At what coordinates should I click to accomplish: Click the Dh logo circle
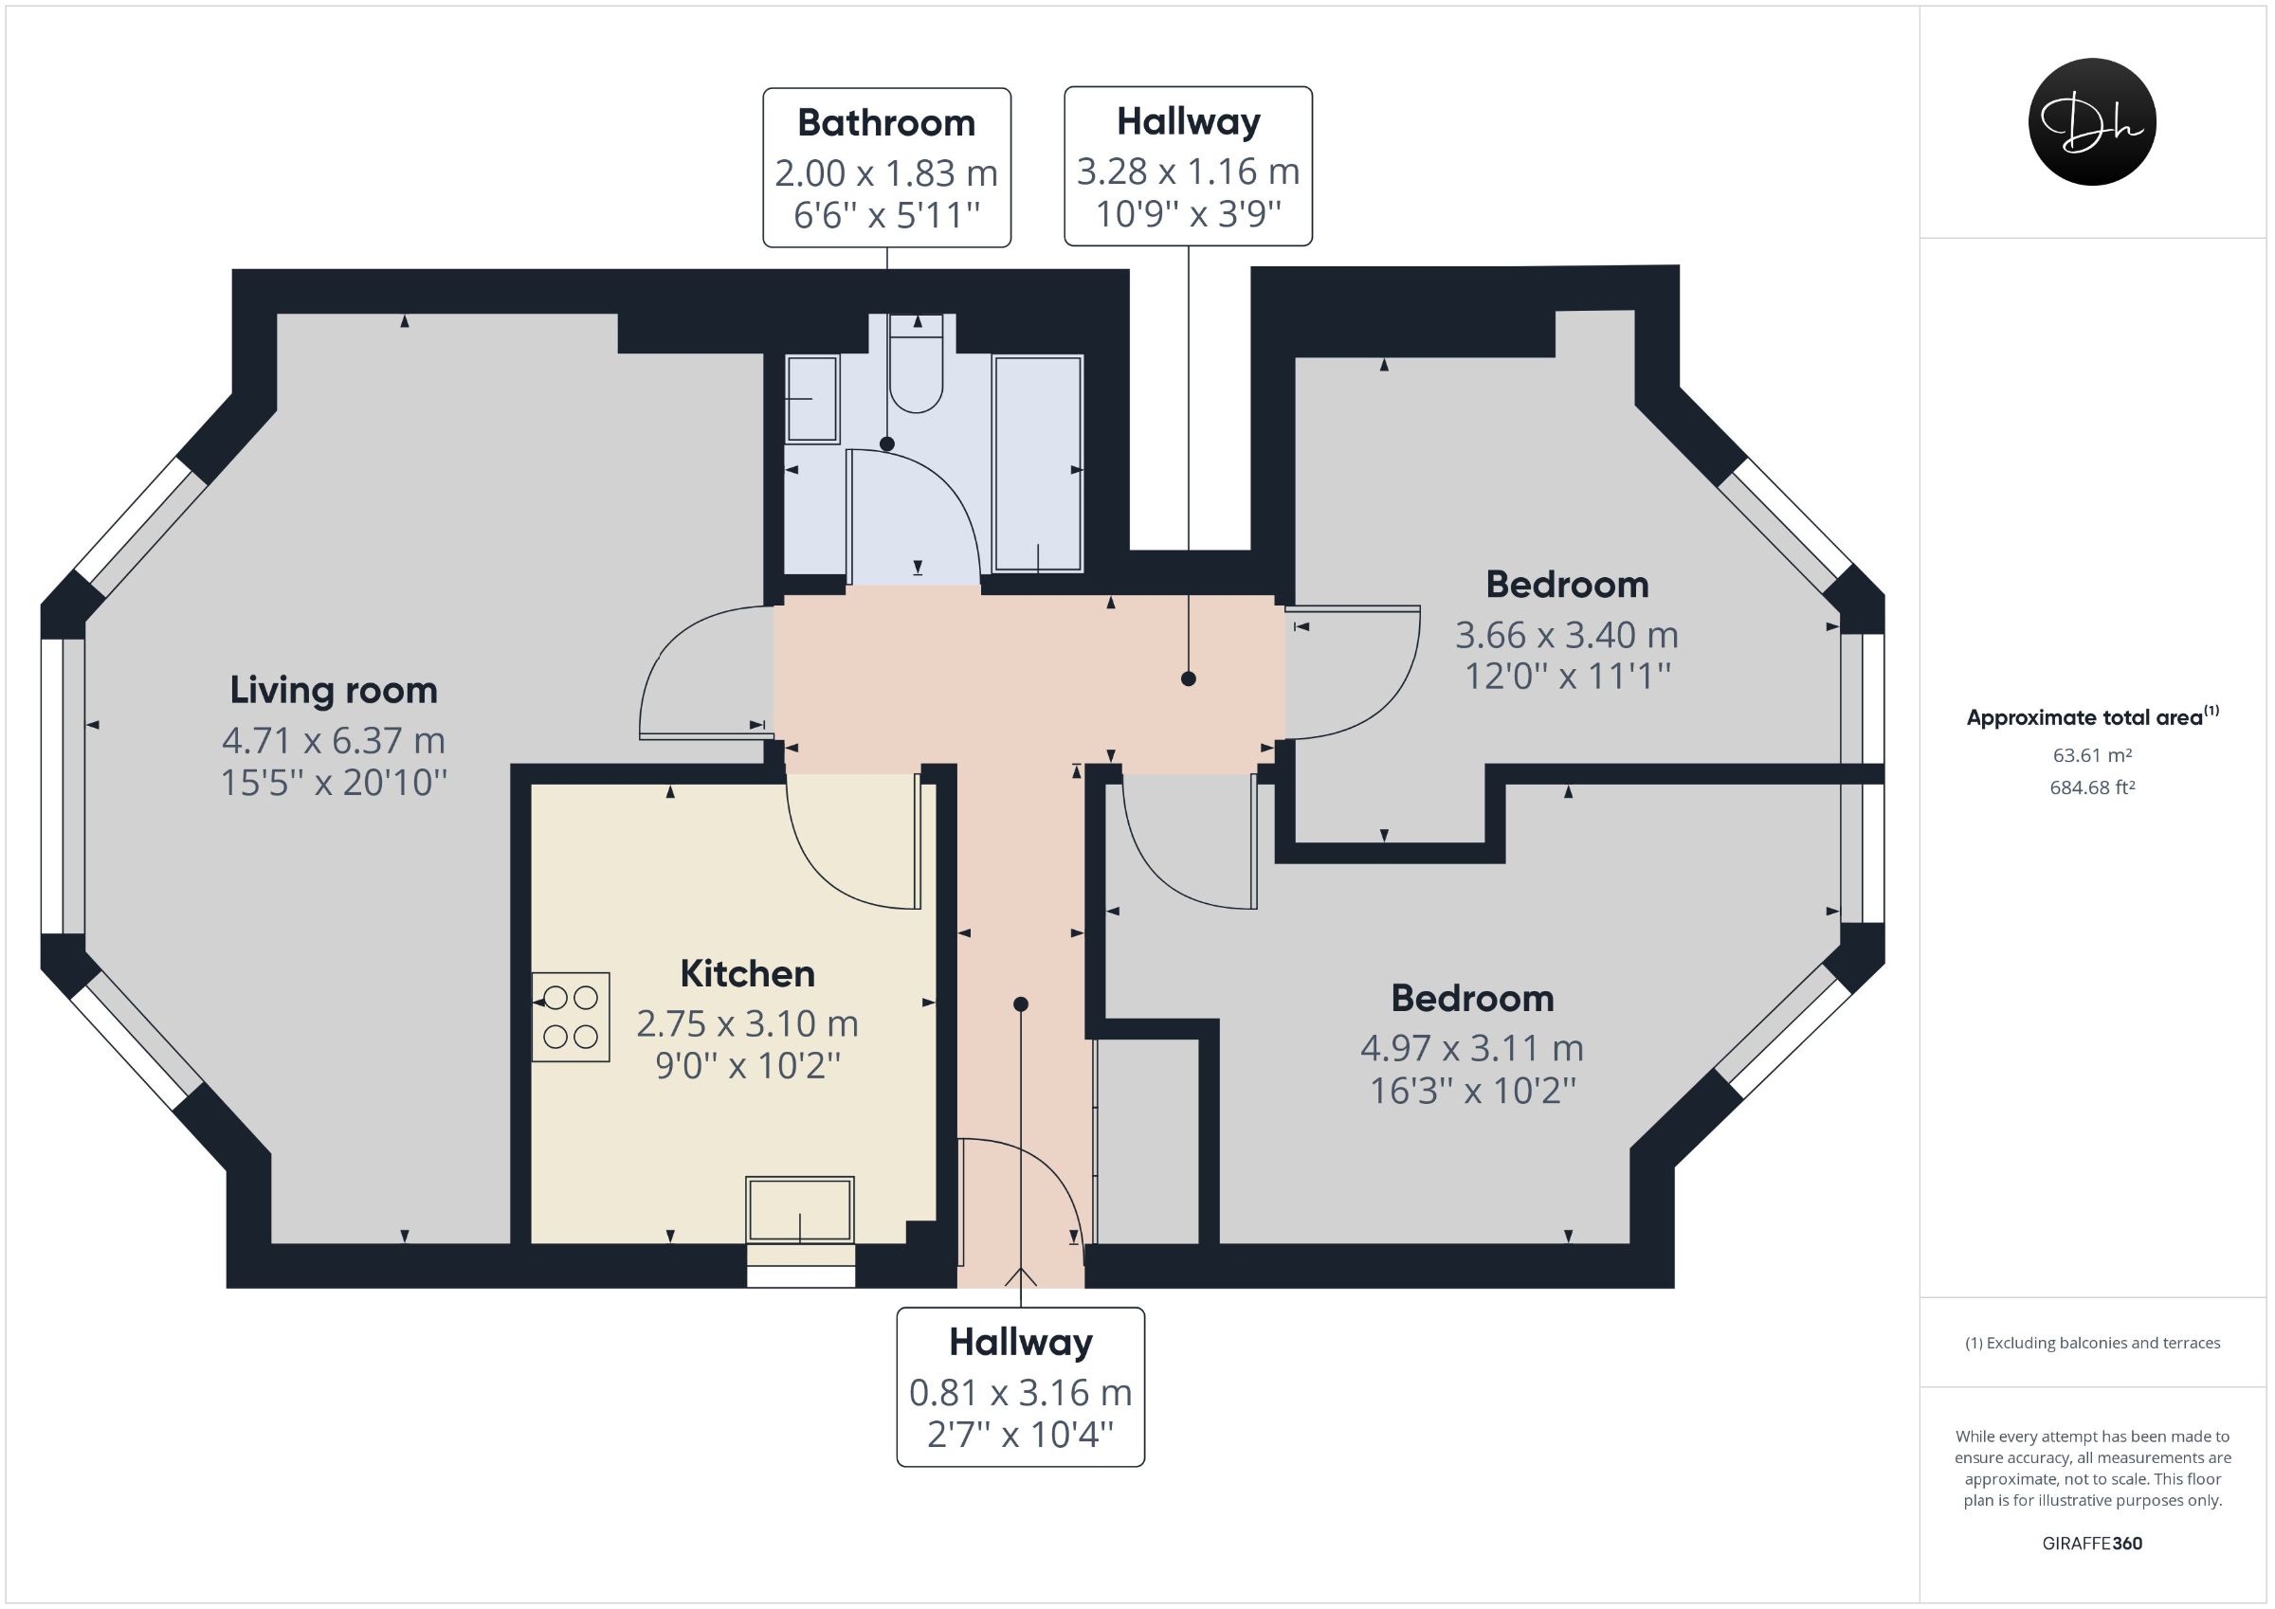2092,122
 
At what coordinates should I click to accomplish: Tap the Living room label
334,691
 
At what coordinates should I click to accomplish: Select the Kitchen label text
747,973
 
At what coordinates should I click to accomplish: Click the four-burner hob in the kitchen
571,1017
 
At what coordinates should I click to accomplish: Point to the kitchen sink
800,1210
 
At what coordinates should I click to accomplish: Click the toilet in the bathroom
917,364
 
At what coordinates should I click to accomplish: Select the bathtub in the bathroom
1038,463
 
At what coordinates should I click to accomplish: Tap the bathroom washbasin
811,399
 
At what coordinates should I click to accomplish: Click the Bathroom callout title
887,123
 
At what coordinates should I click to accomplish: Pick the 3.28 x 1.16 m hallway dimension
1188,172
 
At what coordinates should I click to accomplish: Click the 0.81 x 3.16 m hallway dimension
1021,1392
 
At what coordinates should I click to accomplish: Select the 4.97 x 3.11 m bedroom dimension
1472,1047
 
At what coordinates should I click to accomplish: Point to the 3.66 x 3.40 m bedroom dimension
1567,634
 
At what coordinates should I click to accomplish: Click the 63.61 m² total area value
2092,755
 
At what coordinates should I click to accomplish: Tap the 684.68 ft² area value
2092,787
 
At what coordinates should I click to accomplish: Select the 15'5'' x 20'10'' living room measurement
334,783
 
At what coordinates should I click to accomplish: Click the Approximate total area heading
2093,716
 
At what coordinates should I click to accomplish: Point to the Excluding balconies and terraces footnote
2093,1343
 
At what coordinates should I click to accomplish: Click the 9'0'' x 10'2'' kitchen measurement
748,1065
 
